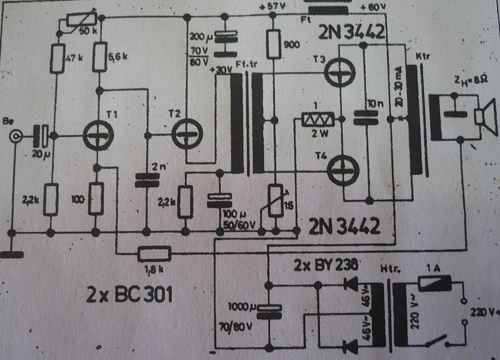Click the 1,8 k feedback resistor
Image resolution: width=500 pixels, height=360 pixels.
[154, 252]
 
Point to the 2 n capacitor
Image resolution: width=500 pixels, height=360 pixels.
[146, 180]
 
